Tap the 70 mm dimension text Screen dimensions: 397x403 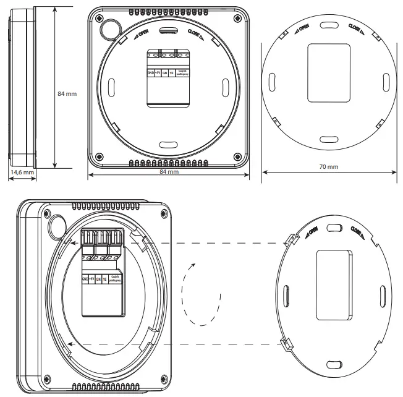click(328, 167)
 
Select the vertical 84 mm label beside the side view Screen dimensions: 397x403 click(67, 93)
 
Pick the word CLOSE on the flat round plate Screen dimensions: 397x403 click(356, 30)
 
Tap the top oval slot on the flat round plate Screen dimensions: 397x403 click(327, 27)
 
